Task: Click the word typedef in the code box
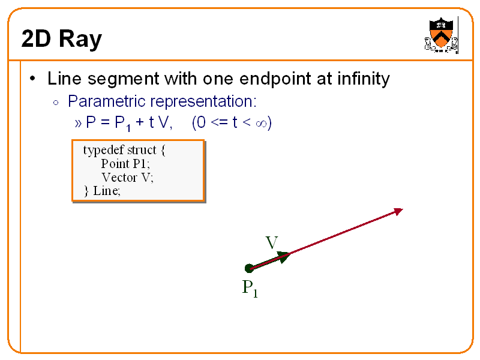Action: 103,149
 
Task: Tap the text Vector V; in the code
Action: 127,177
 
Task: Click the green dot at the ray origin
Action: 249,268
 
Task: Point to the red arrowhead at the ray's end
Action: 398,211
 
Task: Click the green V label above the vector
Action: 271,243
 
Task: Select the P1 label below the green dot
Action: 250,289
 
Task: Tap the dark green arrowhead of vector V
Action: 284,256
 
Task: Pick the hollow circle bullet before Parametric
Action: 56,101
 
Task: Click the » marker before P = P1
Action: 79,124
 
